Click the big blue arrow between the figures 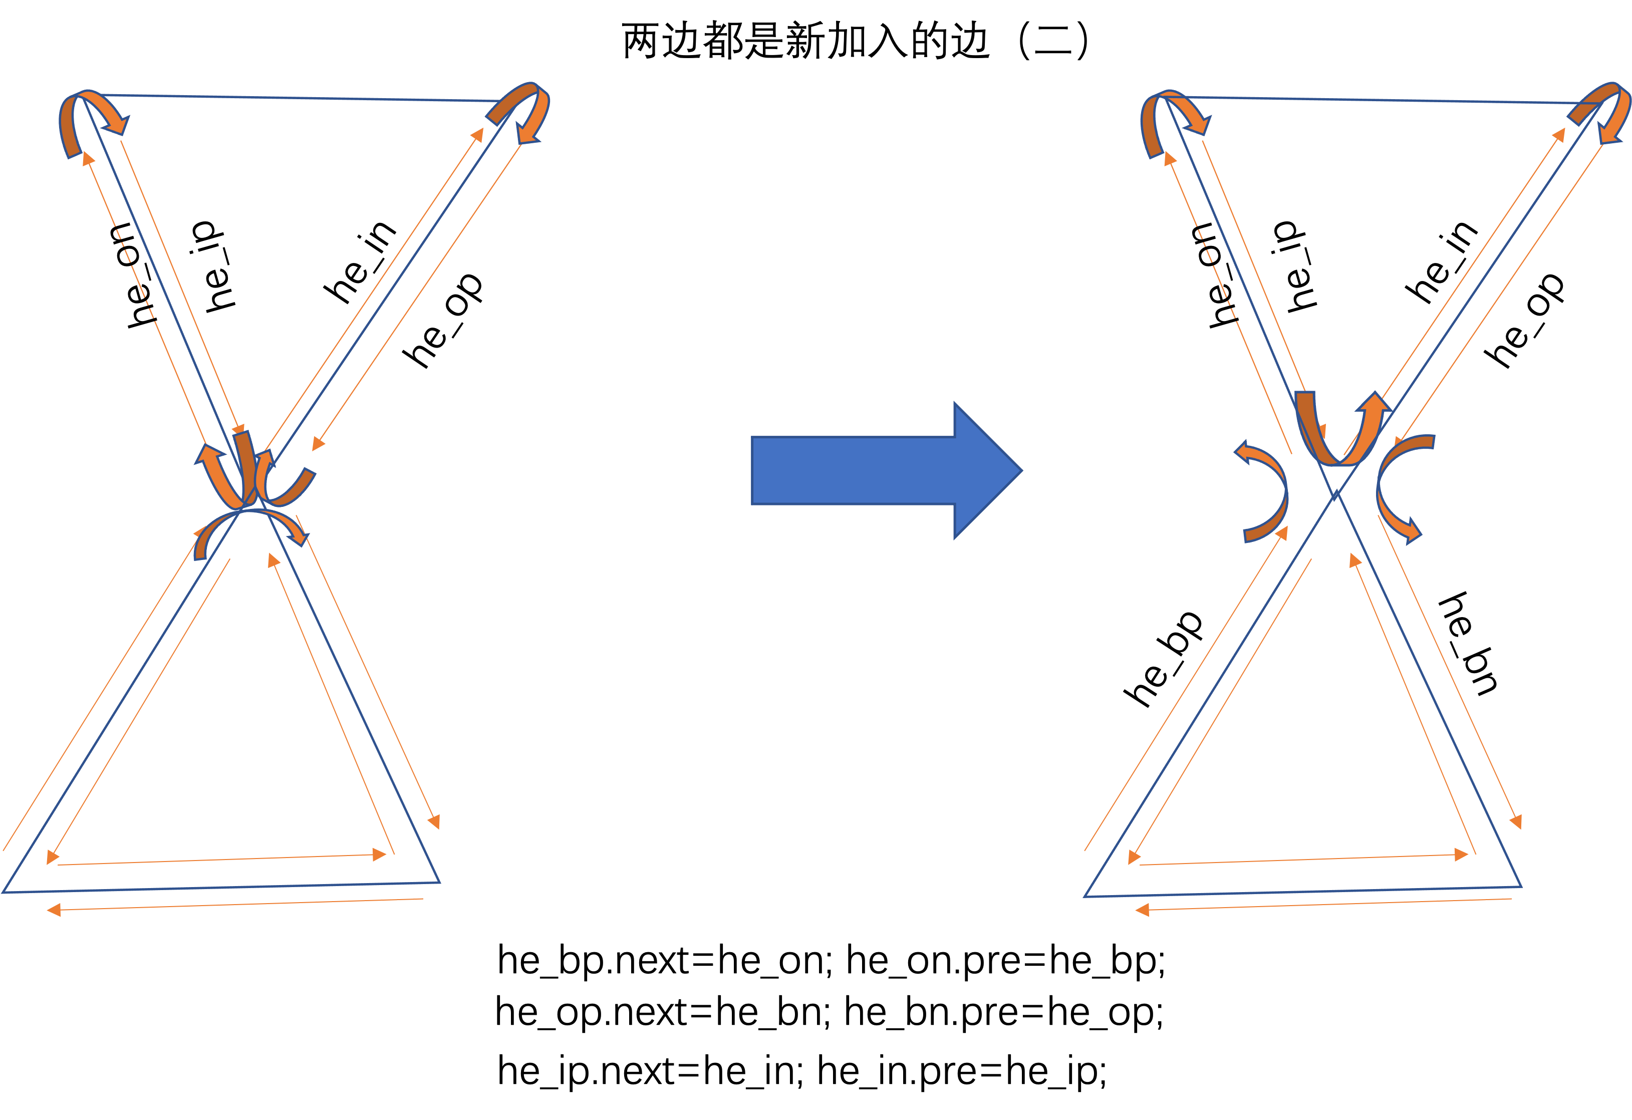pos(878,470)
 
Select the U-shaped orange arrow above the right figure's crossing pos(1338,435)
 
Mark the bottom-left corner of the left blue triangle pos(4,892)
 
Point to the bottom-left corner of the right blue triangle pos(1085,896)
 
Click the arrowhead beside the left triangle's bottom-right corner pos(435,821)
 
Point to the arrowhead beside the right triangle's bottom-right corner pos(1516,821)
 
